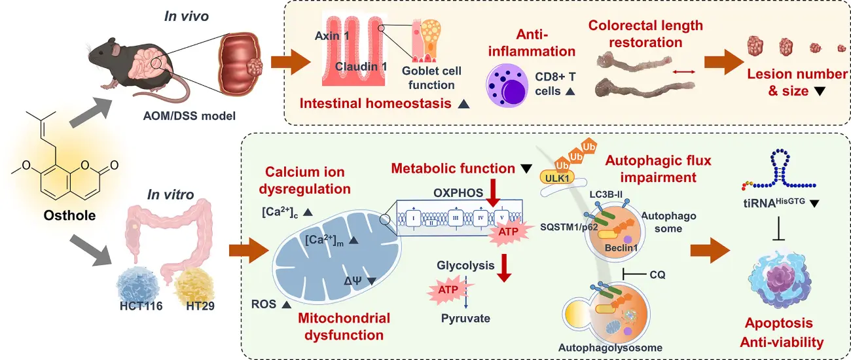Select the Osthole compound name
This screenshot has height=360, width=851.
pyautogui.click(x=64, y=215)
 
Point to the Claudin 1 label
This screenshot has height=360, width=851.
pyautogui.click(x=361, y=66)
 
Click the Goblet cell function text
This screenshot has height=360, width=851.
pyautogui.click(x=427, y=79)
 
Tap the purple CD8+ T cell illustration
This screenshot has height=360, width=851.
pyautogui.click(x=509, y=87)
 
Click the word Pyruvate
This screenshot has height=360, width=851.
pyautogui.click(x=465, y=319)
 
